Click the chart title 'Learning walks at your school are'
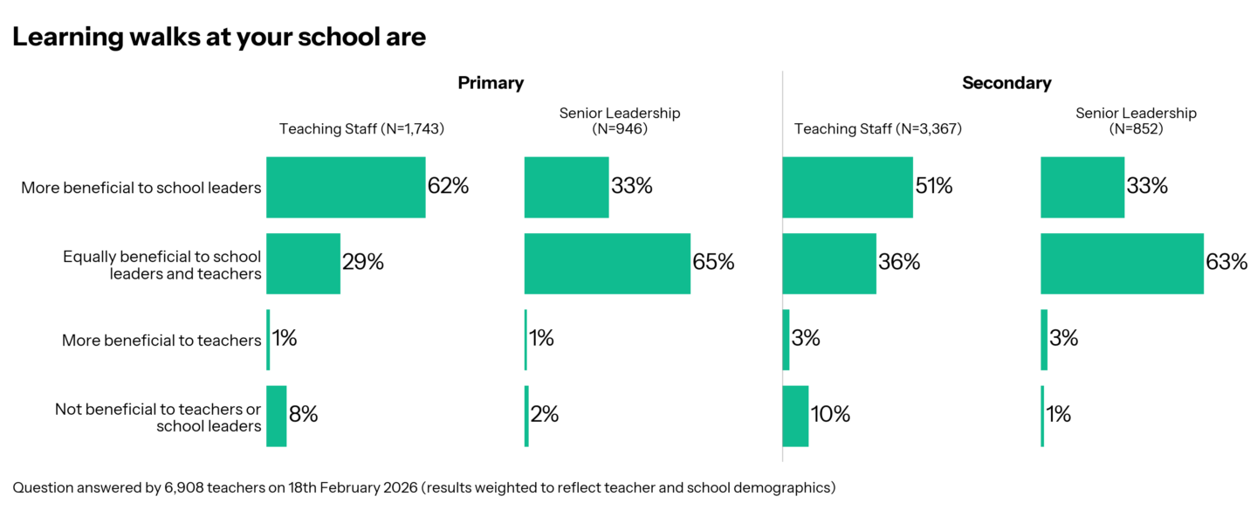tap(219, 38)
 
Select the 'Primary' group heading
tap(491, 83)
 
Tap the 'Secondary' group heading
tap(1006, 83)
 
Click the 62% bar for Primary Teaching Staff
tap(346, 187)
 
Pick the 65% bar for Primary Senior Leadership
tap(607, 263)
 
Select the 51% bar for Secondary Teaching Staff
tap(847, 187)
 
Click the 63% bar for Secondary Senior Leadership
tap(1122, 263)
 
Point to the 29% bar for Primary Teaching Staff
tap(303, 263)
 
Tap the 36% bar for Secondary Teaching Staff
tap(828, 263)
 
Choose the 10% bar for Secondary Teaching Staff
tap(795, 416)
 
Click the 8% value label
tap(303, 415)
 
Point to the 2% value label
tap(544, 415)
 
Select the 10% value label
tap(830, 415)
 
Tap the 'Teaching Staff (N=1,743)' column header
tap(361, 129)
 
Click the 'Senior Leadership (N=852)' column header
tap(1136, 121)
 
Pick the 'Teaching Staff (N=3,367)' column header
tap(877, 129)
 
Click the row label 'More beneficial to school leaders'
tap(141, 187)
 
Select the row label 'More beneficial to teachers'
tap(161, 340)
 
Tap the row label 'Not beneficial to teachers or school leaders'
tap(158, 417)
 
